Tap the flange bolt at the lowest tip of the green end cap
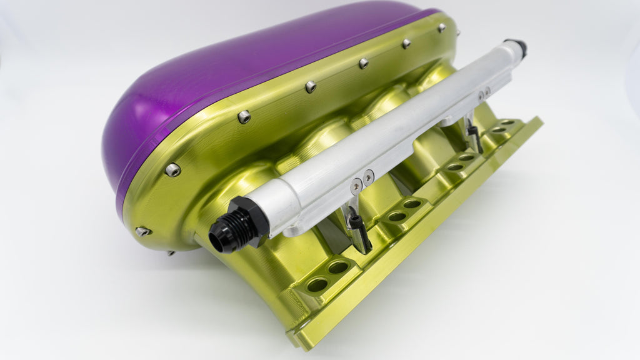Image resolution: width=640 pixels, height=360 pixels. click(142, 231)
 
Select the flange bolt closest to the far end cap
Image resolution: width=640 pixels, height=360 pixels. click(441, 27)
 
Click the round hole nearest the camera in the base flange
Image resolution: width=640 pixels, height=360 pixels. click(317, 285)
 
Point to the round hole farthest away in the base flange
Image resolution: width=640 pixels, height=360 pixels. click(508, 122)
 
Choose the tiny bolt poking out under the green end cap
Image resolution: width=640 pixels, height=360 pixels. click(170, 253)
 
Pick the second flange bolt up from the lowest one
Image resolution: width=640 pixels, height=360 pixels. click(172, 169)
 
